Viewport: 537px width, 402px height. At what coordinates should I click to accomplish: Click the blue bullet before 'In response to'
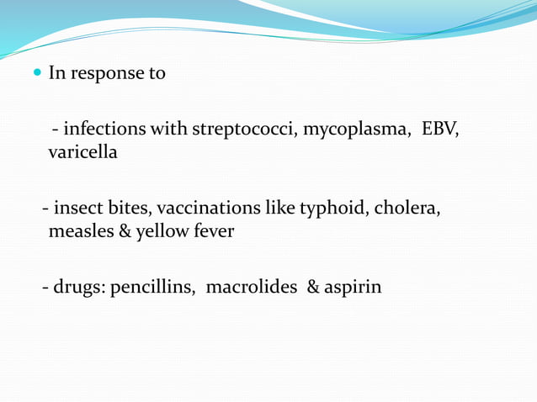pyautogui.click(x=38, y=73)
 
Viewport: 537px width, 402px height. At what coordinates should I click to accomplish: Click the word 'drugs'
pyautogui.click(x=80, y=287)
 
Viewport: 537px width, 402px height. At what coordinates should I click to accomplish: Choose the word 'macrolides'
pyautogui.click(x=251, y=287)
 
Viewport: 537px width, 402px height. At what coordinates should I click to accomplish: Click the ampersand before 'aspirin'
pyautogui.click(x=313, y=287)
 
